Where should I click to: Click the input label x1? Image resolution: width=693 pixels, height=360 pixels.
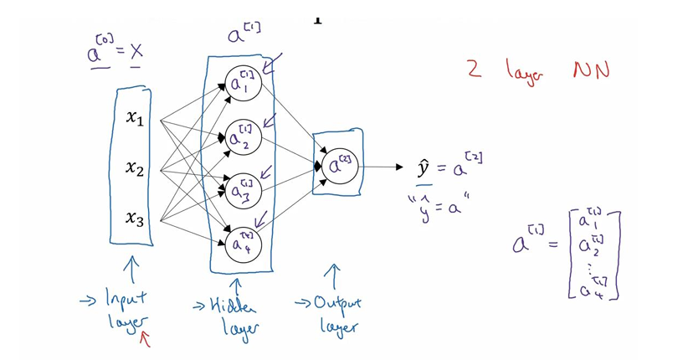[135, 120]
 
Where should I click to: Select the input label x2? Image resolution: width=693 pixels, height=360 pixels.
[135, 169]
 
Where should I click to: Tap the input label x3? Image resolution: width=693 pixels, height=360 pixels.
[135, 219]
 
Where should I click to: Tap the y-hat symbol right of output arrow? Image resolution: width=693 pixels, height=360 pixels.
[423, 167]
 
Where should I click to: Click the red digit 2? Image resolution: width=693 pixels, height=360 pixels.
[475, 69]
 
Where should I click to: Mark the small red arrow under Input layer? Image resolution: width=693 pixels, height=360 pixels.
[147, 337]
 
